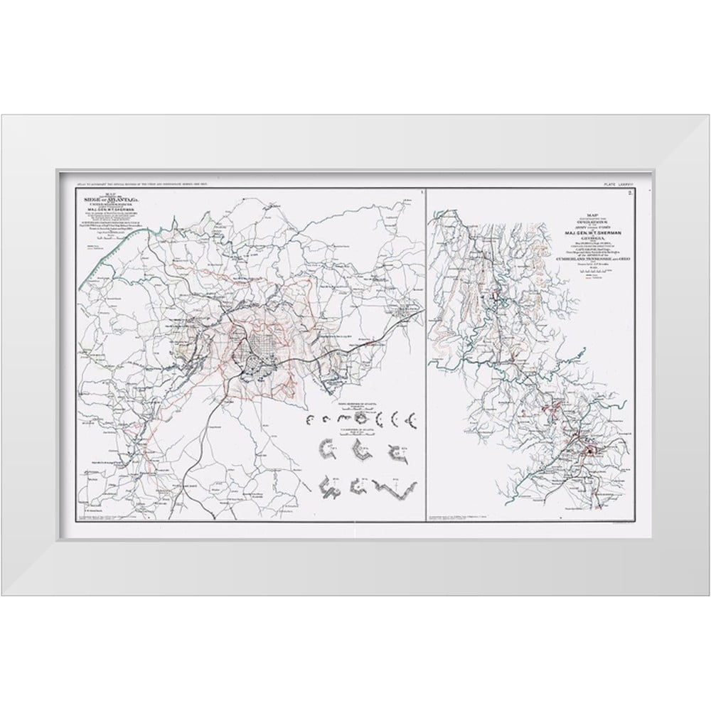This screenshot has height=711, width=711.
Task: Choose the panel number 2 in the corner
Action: (631, 192)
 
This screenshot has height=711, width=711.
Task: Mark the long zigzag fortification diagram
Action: (399, 490)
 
